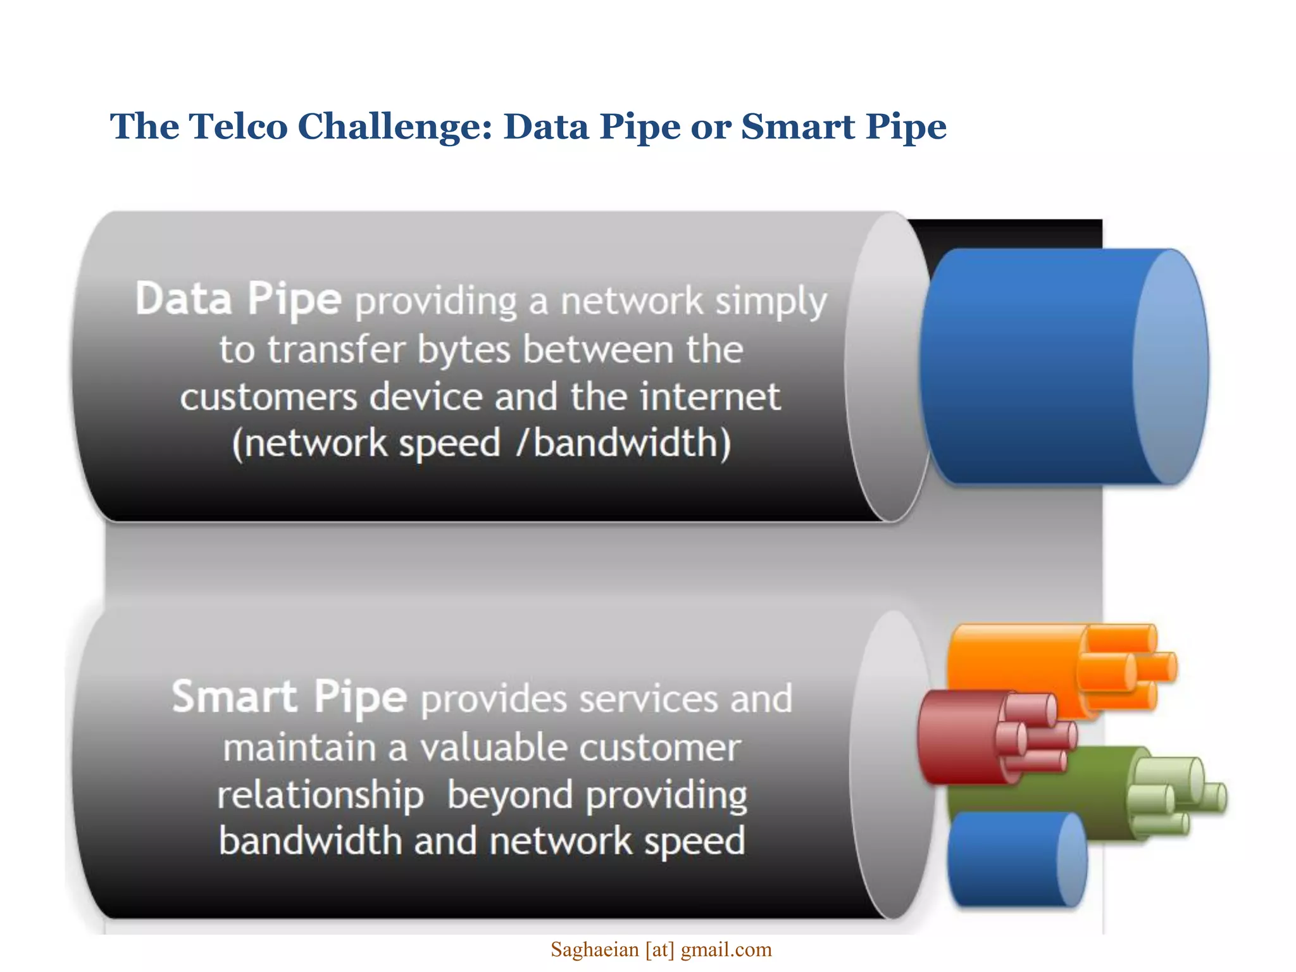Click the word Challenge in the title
[394, 127]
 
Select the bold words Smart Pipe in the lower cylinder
[289, 697]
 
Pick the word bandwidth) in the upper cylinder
[632, 443]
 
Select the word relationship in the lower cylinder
[320, 795]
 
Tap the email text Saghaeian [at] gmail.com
[661, 950]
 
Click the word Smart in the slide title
[797, 126]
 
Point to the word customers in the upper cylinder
[268, 397]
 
